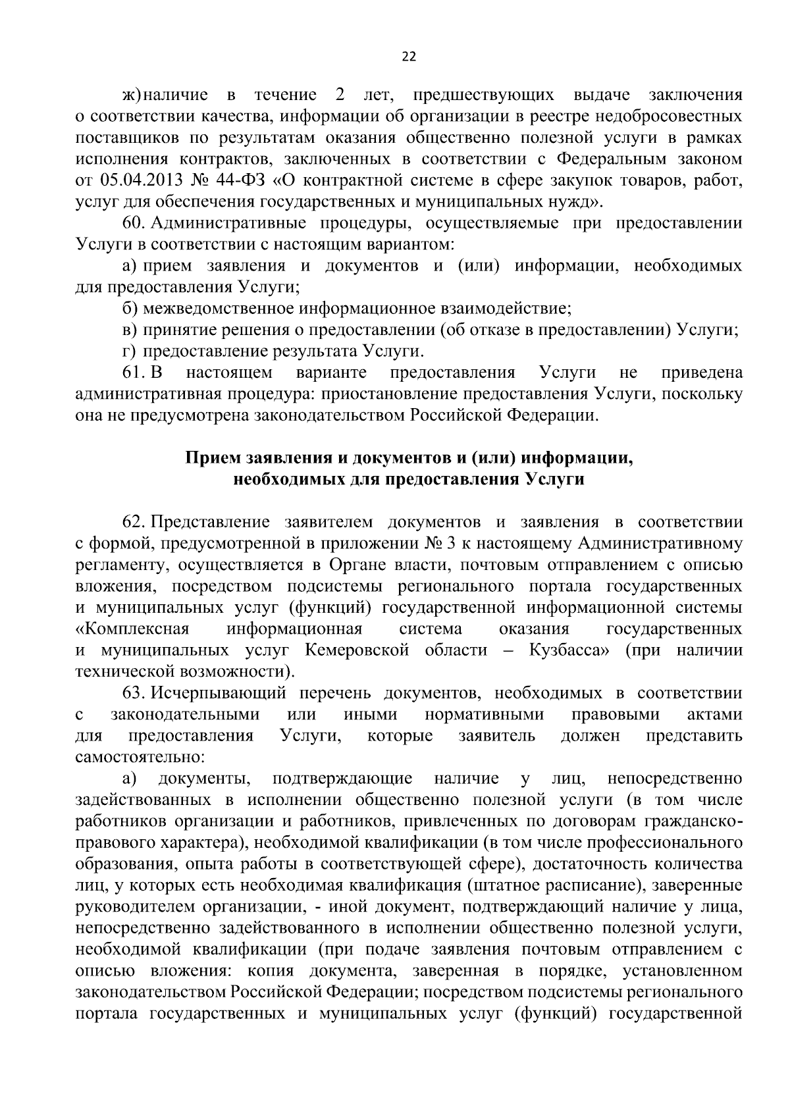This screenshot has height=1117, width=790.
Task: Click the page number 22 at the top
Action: pyautogui.click(x=408, y=57)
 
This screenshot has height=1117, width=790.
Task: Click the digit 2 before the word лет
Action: pyautogui.click(x=340, y=95)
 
